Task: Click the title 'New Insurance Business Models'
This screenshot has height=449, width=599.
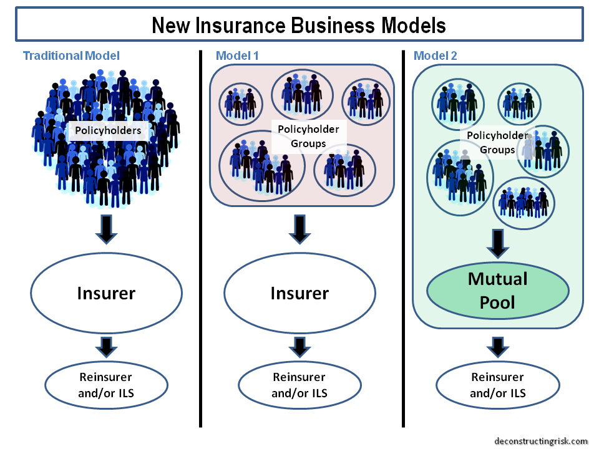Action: click(299, 25)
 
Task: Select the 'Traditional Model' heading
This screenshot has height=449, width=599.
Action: click(71, 56)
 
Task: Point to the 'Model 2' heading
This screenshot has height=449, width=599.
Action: click(435, 56)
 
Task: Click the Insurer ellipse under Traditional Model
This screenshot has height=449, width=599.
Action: click(106, 292)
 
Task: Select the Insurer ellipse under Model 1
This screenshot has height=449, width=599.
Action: click(299, 292)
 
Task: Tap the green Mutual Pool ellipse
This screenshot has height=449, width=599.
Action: click(497, 290)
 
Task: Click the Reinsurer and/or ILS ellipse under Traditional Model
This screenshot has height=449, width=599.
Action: click(106, 385)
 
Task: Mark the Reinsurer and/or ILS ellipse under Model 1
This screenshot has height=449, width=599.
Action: click(299, 385)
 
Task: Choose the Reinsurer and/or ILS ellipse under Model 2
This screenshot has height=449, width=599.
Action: click(497, 385)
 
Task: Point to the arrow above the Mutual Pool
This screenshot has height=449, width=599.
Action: click(497, 243)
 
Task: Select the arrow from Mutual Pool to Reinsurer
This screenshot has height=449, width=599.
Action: click(497, 347)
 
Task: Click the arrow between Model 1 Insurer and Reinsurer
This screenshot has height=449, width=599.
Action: click(299, 347)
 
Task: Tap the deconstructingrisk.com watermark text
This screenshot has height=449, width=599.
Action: click(540, 439)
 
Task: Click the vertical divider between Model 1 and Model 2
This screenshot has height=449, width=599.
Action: click(401, 237)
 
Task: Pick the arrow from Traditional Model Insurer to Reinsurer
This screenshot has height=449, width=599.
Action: click(106, 347)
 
